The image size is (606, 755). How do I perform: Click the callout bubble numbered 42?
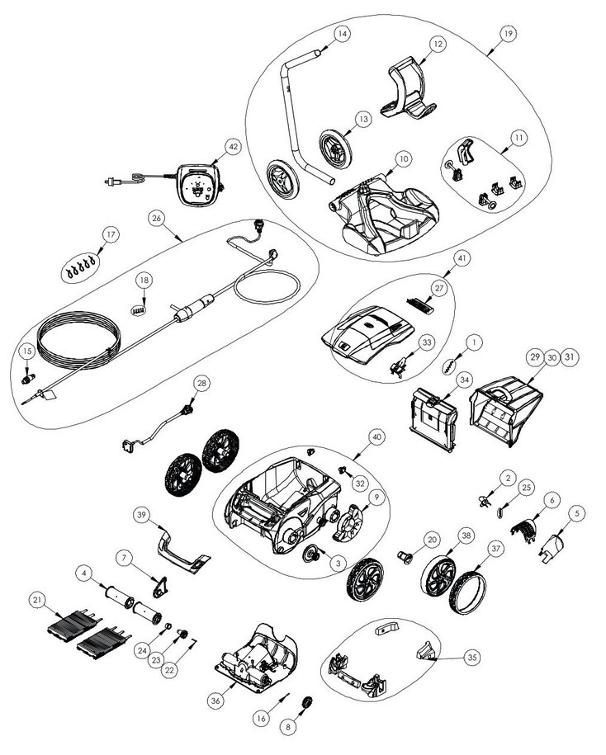coord(233,147)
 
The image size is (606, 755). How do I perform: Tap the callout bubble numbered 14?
coord(342,34)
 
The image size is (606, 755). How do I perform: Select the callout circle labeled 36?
coord(215,701)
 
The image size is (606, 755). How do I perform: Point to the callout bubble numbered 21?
coord(37,600)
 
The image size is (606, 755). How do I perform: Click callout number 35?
coord(472,658)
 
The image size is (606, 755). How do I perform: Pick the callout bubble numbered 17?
coord(111,234)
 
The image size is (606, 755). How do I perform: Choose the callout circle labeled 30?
coord(552,357)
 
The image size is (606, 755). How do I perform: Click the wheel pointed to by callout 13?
coord(336,149)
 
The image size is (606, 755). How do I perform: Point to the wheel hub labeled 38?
coord(438,577)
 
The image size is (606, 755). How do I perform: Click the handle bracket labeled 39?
coord(183,550)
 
